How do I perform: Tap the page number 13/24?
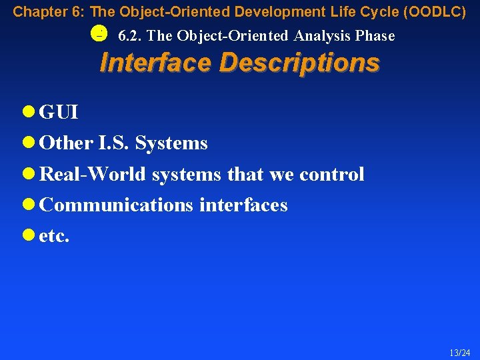[461, 353]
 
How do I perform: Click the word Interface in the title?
[155, 63]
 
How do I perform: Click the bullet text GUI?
[59, 113]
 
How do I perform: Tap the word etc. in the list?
[55, 236]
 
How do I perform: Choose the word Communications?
[117, 205]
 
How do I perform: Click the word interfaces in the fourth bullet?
[243, 205]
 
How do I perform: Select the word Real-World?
[93, 174]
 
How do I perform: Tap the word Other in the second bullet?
[66, 143]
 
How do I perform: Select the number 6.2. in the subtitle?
[129, 36]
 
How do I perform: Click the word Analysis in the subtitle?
[321, 36]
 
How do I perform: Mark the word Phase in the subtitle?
[375, 36]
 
